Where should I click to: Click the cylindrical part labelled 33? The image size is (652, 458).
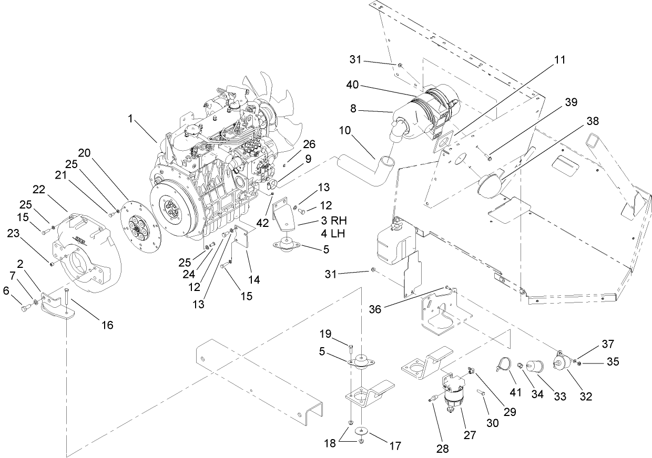point(536,366)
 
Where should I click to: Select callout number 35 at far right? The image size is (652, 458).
point(612,361)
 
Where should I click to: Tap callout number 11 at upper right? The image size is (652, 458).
point(560,60)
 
